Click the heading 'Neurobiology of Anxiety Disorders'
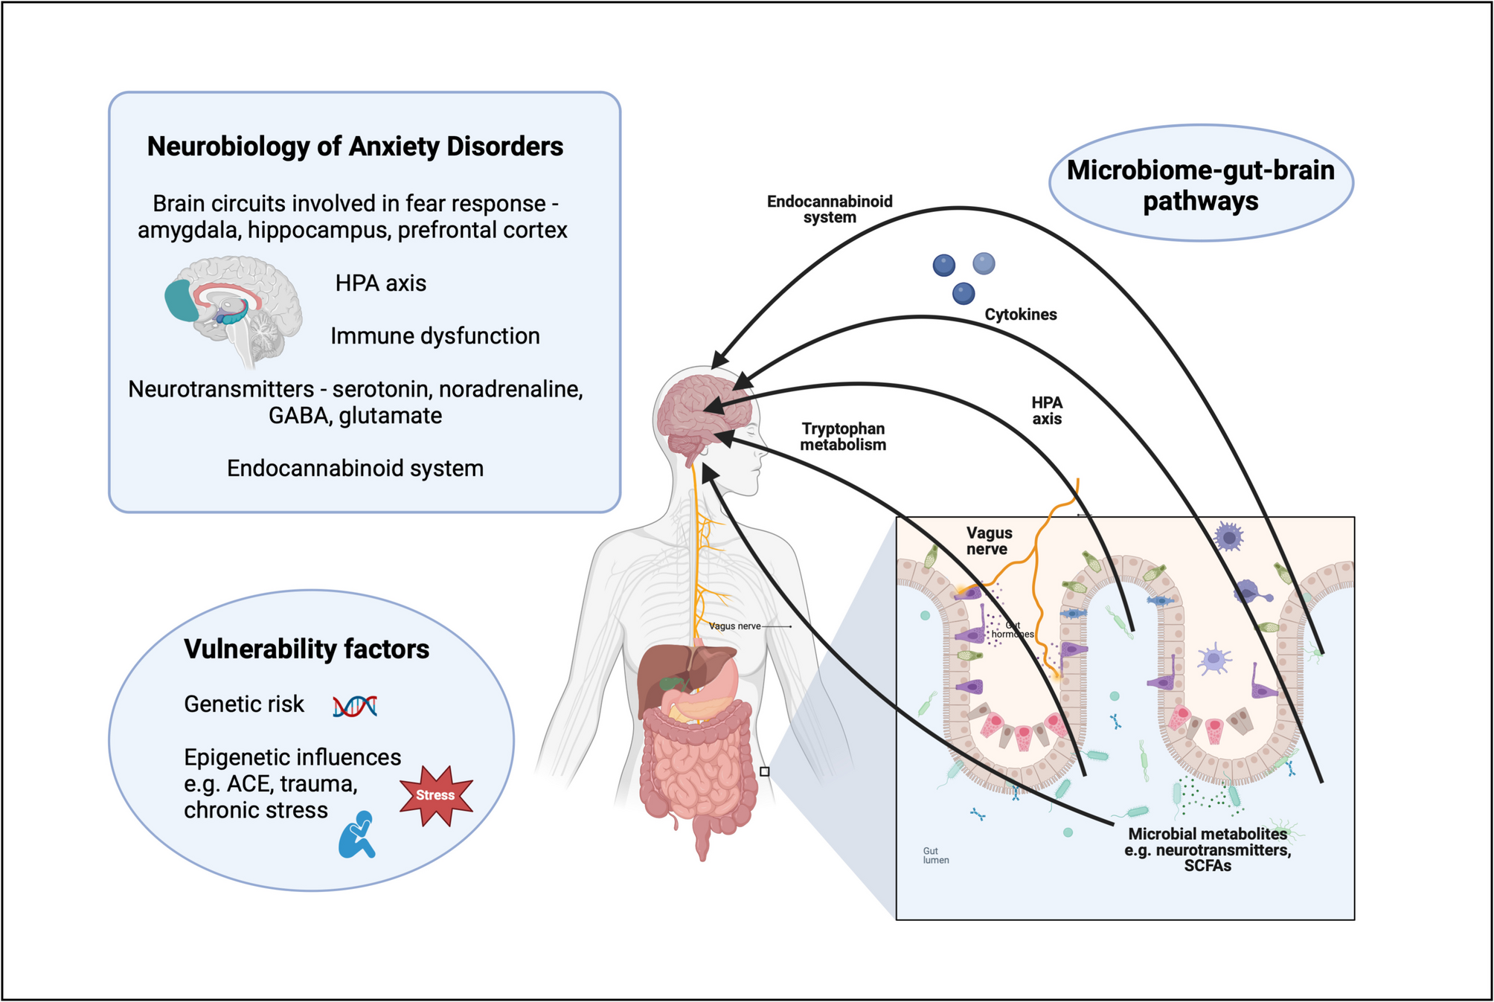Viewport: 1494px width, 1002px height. (355, 147)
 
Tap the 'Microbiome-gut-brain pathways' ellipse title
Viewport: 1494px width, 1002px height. (1200, 185)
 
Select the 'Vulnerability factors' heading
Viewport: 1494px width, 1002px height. (307, 649)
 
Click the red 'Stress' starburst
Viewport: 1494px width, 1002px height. (436, 795)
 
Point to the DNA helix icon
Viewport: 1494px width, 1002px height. (355, 705)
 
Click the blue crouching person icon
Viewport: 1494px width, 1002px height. (357, 835)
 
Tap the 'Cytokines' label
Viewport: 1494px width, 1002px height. (1020, 315)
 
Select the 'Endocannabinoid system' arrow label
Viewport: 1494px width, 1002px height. (830, 209)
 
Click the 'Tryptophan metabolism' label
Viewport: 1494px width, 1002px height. (843, 437)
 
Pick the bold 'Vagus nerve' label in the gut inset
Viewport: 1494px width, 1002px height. (989, 541)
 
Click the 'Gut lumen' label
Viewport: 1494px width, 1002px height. (935, 855)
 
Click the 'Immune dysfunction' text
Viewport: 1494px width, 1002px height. (435, 336)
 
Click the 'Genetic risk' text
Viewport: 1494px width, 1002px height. (244, 704)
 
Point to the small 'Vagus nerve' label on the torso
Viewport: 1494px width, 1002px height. (734, 626)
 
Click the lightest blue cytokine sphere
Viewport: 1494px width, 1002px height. (984, 263)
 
